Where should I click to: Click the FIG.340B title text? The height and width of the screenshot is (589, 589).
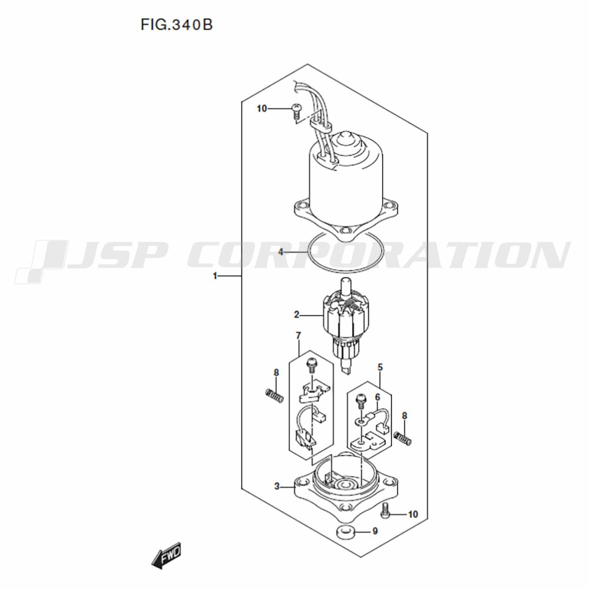coord(177,25)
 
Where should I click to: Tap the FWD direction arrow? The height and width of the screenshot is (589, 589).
coord(167,554)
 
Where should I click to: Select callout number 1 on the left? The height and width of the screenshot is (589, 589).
coord(215,276)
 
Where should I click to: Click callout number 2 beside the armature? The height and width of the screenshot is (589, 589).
coord(296,315)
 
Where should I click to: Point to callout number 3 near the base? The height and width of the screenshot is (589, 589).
coord(277,487)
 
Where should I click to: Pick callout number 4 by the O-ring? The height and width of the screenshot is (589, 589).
coord(280,252)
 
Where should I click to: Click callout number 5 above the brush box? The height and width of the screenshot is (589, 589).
coord(380,367)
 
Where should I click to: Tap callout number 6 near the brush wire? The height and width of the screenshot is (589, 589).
coord(378,398)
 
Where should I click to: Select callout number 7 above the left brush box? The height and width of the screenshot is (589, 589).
coord(299,336)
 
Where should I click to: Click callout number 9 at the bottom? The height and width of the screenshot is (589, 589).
coord(375,531)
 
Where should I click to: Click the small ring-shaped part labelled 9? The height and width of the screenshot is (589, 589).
coord(344,532)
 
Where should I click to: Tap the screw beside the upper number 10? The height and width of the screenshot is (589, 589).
coord(296,111)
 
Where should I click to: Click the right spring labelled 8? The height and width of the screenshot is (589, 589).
coord(403,438)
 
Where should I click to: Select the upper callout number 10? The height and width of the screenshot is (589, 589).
coord(262,108)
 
